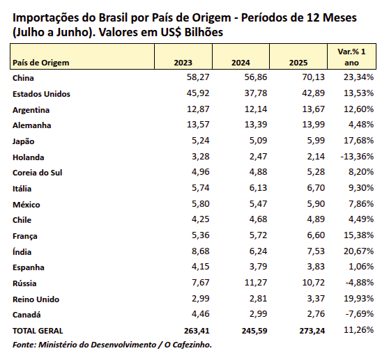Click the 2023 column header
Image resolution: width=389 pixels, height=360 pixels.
(x=183, y=63)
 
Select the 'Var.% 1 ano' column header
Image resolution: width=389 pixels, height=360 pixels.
(x=351, y=57)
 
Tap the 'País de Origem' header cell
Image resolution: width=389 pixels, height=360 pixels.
(x=41, y=63)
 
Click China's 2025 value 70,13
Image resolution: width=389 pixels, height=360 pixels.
(x=313, y=77)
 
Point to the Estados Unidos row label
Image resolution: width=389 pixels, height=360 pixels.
(x=41, y=94)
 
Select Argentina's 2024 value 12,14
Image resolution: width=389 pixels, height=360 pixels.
(x=256, y=109)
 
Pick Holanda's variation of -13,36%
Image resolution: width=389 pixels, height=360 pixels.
(x=357, y=157)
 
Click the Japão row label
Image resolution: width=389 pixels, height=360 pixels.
(x=24, y=141)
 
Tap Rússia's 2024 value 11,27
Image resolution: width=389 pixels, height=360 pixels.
(x=256, y=282)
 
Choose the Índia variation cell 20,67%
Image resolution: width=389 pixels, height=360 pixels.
(x=359, y=251)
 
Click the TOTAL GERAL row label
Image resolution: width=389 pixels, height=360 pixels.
(x=38, y=331)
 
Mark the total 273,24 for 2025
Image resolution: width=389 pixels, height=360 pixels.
(x=312, y=331)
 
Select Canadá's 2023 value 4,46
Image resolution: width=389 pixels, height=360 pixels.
(x=201, y=313)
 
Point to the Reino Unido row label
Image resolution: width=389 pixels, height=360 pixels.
(x=36, y=299)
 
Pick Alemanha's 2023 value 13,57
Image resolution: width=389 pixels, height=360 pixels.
(x=198, y=125)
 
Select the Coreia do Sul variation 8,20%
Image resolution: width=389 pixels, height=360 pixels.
(x=361, y=172)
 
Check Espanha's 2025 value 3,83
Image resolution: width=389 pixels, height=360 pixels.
(x=316, y=267)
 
